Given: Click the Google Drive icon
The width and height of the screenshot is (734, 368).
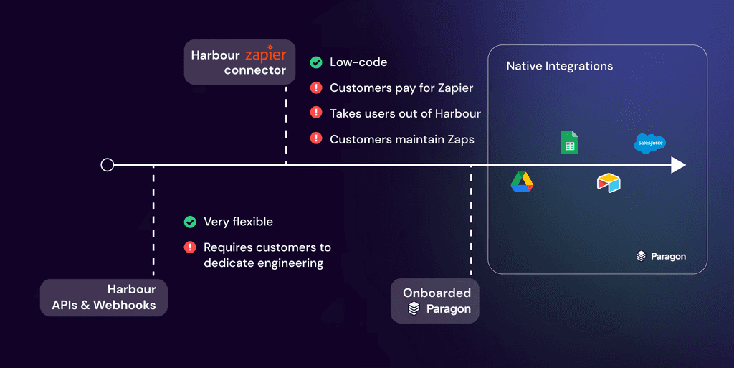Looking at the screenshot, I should [x=522, y=183].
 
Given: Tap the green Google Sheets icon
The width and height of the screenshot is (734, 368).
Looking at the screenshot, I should [x=569, y=143].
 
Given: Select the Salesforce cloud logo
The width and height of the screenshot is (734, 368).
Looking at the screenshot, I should [x=650, y=143].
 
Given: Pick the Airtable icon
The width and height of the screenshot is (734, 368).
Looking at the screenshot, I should [x=609, y=183].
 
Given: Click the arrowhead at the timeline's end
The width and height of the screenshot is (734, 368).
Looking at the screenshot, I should [x=678, y=166].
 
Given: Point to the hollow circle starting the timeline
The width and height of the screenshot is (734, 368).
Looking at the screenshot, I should [x=108, y=166].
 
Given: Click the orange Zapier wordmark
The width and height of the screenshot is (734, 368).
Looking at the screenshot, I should [x=265, y=55].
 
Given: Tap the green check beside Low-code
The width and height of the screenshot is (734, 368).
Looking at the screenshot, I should [x=315, y=62].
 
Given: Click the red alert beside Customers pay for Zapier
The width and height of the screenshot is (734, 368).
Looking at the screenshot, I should [x=315, y=88].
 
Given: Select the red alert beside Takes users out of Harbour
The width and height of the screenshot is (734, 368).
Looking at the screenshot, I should [x=315, y=113].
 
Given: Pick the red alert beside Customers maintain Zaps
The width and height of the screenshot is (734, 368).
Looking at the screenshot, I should [x=315, y=139].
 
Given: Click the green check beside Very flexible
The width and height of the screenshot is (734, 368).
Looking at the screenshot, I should [x=190, y=222].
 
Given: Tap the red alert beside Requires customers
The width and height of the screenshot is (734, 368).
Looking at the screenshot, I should [x=190, y=247].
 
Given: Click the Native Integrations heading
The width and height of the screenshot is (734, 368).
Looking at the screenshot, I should [x=559, y=66].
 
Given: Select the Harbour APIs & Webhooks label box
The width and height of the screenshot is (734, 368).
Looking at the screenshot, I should [x=104, y=298].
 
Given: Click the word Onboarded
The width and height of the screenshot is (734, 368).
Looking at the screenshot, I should [x=437, y=293].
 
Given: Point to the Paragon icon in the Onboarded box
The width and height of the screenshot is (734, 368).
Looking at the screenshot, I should [x=414, y=309].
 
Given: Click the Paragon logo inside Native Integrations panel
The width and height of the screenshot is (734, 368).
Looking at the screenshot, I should [x=661, y=256].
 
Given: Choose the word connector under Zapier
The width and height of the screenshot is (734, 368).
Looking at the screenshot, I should [x=254, y=70].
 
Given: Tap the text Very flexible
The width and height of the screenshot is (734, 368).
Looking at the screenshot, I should [x=238, y=222].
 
